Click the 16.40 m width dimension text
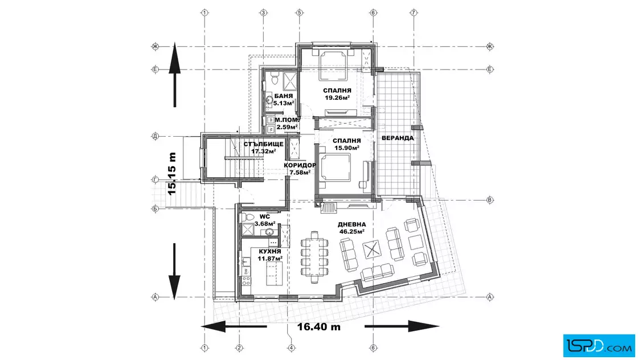pyautogui.click(x=318, y=327)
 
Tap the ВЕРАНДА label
pyautogui.click(x=398, y=138)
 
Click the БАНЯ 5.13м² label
pyautogui.click(x=283, y=100)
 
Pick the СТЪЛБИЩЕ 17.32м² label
pyautogui.click(x=260, y=148)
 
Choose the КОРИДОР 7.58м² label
pyautogui.click(x=300, y=169)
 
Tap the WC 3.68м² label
pyautogui.click(x=265, y=220)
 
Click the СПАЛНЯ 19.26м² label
pyautogui.click(x=337, y=94)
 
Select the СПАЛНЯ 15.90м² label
pyautogui.click(x=345, y=144)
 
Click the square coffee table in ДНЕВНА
pyautogui.click(x=371, y=249)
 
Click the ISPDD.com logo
pyautogui.click(x=598, y=343)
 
